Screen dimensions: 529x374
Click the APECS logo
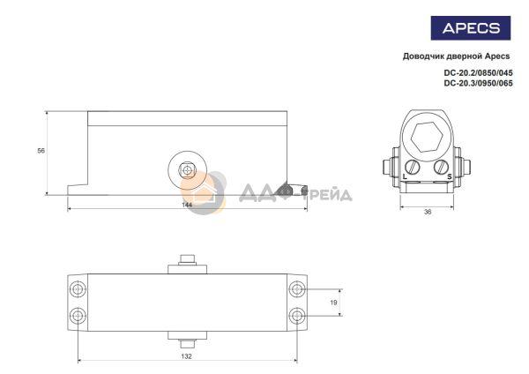pyautogui.click(x=471, y=28)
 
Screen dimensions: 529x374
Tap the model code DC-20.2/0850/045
pyautogui.click(x=479, y=72)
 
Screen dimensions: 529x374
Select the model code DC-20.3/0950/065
pyautogui.click(x=479, y=83)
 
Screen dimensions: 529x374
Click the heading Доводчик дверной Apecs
pyautogui.click(x=456, y=56)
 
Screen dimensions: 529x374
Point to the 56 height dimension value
pyautogui.click(x=41, y=151)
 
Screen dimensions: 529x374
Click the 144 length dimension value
pyautogui.click(x=187, y=205)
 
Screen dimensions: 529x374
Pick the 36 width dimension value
pyautogui.click(x=428, y=212)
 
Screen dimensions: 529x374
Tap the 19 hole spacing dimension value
pyautogui.click(x=333, y=303)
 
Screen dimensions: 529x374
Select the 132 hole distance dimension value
pyautogui.click(x=186, y=356)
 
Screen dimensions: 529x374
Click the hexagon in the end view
pyautogui.click(x=427, y=137)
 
